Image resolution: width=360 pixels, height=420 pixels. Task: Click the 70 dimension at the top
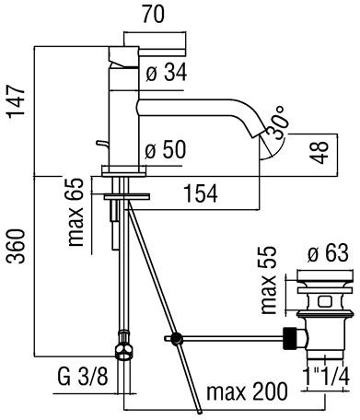pyautogui.click(x=153, y=14)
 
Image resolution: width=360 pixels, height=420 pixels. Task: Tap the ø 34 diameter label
pyautogui.click(x=167, y=73)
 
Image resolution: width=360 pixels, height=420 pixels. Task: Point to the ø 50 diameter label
pyautogui.click(x=165, y=150)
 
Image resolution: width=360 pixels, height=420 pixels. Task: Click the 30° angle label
pyautogui.click(x=277, y=122)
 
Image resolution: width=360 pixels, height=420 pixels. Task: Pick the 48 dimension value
pyautogui.click(x=319, y=153)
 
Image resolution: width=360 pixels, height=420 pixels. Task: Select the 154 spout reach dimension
pyautogui.click(x=200, y=193)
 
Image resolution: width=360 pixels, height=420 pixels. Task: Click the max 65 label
pyautogui.click(x=75, y=212)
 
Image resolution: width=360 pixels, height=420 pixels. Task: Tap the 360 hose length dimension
pyautogui.click(x=16, y=246)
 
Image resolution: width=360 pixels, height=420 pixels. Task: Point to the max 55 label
pyautogui.click(x=269, y=280)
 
